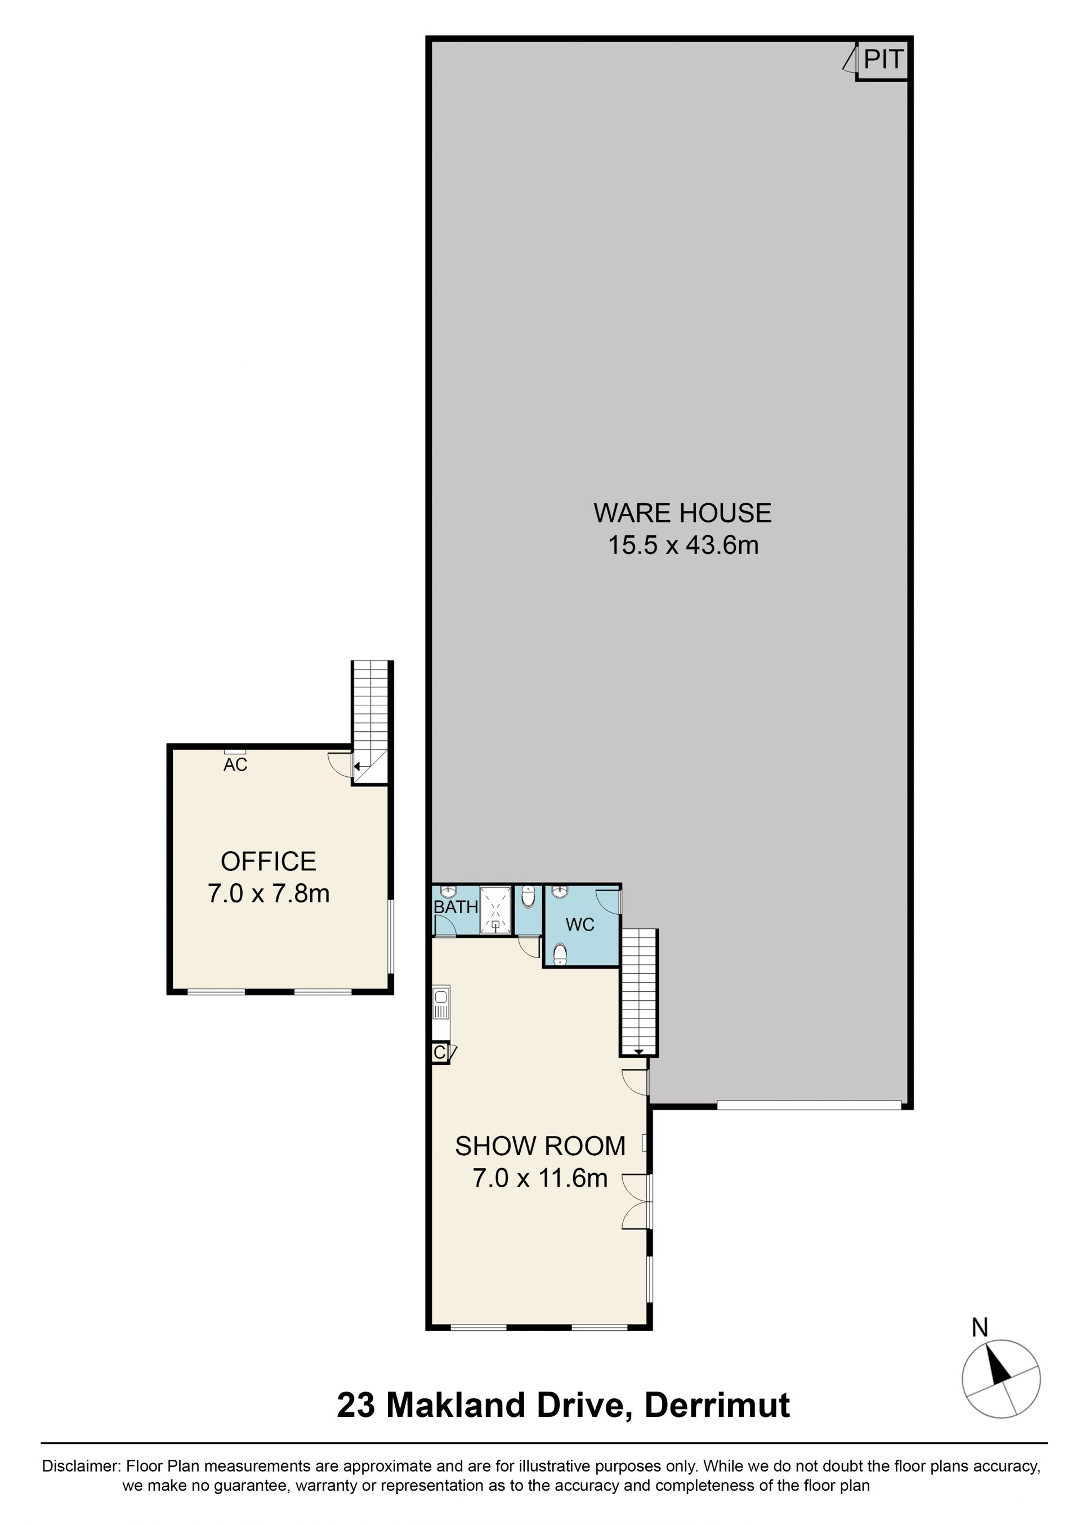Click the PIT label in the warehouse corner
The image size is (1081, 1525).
pos(883,60)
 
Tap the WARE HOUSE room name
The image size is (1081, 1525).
pos(682,513)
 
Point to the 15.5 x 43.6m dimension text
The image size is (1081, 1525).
pos(683,545)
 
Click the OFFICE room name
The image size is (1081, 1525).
pos(268,862)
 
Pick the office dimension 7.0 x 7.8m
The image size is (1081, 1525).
pos(268,893)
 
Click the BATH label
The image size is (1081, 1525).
pos(456,907)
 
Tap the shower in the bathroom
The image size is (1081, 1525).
pos(496,911)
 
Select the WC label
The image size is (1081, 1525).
pos(580,924)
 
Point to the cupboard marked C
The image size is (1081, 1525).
pos(440,1053)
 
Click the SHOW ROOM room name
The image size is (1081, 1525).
pos(540,1146)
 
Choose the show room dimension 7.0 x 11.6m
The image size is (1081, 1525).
pos(540,1178)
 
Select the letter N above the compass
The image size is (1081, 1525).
pos(979,1328)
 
